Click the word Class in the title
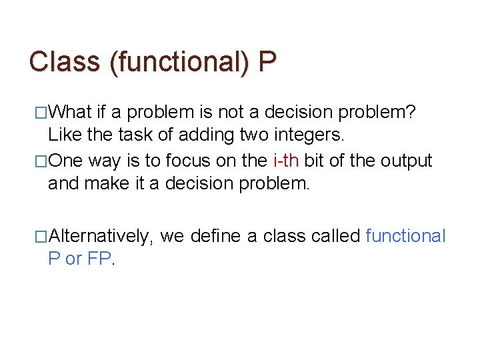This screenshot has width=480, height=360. coord(64,61)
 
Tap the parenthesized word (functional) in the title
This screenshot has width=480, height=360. coord(179,62)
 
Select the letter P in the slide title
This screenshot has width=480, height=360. coord(267,61)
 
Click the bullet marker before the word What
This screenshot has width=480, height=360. coord(41,112)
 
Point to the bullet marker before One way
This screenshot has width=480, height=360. coord(41,161)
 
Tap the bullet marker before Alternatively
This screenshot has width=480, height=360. coord(41,236)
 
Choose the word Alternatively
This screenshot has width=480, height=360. coord(101,236)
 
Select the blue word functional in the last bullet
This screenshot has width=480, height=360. coord(405,236)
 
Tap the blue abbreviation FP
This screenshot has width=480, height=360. coord(101,259)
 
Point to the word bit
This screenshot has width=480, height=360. coord(315,161)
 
